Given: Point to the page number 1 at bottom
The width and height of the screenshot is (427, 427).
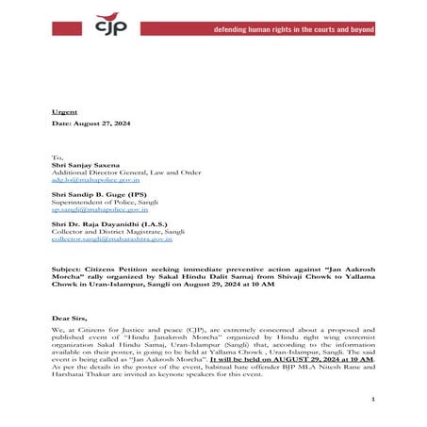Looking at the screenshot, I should (373, 400).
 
